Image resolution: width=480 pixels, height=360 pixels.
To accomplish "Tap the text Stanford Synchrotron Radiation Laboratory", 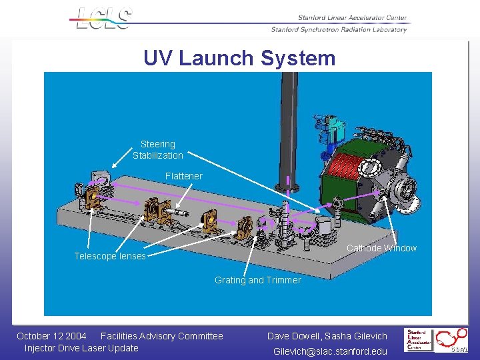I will pyautogui.click(x=339, y=29).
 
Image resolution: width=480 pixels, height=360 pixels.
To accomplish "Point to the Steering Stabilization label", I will pyautogui.click(x=157, y=150).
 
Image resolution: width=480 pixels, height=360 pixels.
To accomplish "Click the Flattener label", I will pyautogui.click(x=183, y=176).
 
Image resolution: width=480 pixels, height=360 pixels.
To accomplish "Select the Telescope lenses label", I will pyautogui.click(x=110, y=257).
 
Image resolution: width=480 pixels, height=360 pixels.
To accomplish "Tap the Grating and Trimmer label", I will pyautogui.click(x=257, y=280).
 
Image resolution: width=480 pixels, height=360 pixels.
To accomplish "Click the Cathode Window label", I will pyautogui.click(x=381, y=248).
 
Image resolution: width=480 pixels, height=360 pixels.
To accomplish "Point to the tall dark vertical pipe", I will pyautogui.click(x=289, y=127).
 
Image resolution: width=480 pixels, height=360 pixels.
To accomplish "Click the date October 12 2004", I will pyautogui.click(x=51, y=336).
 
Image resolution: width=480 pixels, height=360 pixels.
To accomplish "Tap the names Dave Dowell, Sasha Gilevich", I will pyautogui.click(x=327, y=336).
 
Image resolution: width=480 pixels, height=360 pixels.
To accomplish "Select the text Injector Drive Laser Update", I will pyautogui.click(x=81, y=348).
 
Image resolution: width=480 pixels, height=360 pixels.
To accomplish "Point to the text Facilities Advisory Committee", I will pyautogui.click(x=161, y=336).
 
